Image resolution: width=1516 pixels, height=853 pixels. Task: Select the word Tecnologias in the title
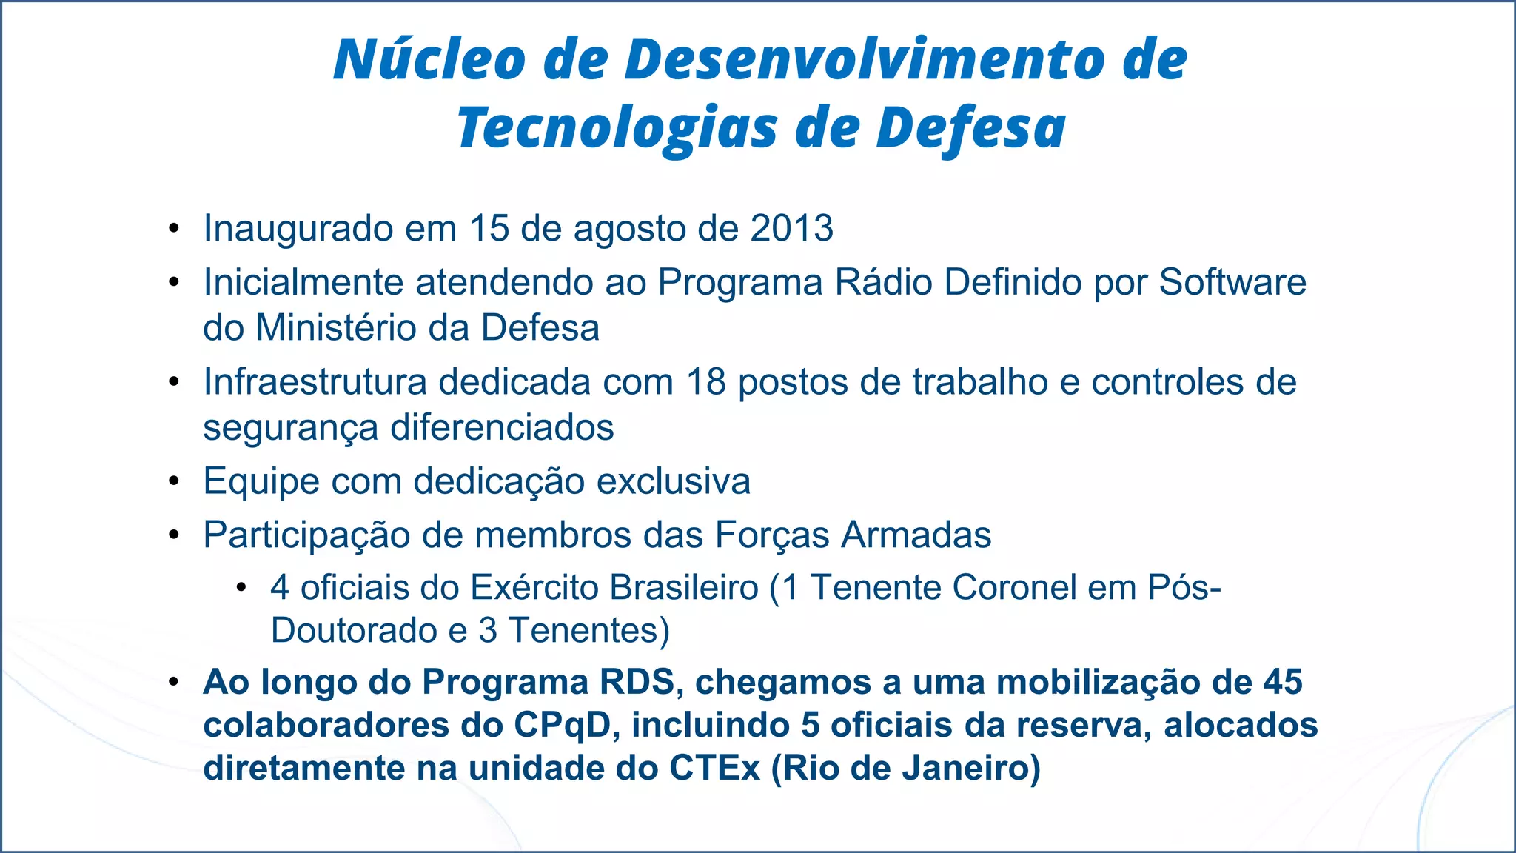[x=617, y=127]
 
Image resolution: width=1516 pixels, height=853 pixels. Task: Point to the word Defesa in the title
[x=970, y=127]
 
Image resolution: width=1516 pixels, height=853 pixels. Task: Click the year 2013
[x=791, y=228]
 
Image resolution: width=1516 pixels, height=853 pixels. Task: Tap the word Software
[x=1232, y=282]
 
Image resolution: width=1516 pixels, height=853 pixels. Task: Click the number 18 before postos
[x=706, y=382]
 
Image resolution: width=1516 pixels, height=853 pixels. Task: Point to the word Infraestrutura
[x=315, y=382]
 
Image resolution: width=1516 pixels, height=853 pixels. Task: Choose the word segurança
[x=290, y=428]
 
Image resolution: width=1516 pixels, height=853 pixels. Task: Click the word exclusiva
[x=673, y=481]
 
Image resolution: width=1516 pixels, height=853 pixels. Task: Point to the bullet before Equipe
[x=174, y=482]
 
